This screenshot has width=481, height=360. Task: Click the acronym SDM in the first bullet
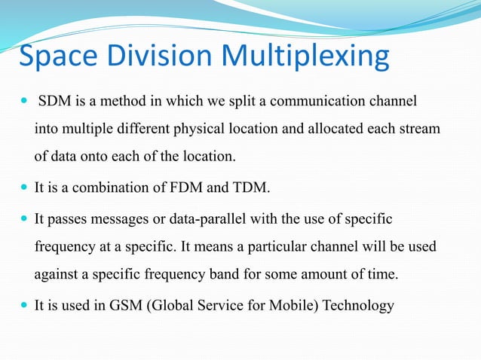pos(54,101)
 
